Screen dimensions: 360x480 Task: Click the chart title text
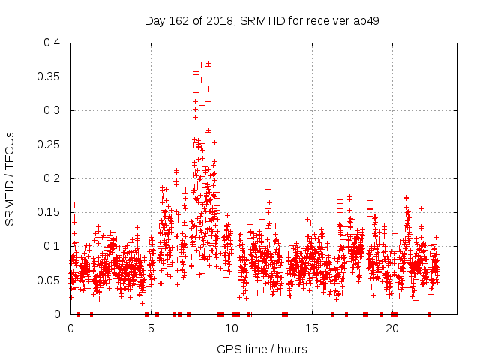(x=262, y=20)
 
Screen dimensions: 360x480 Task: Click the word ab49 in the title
(x=365, y=20)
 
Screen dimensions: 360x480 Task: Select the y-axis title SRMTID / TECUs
(x=10, y=178)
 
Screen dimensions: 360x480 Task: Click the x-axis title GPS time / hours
(x=262, y=349)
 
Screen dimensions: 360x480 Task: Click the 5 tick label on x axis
(x=151, y=328)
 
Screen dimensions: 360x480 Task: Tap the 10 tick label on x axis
(x=232, y=328)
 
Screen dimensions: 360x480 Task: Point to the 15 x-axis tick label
(x=312, y=328)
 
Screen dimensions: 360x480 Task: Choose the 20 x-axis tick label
(x=392, y=328)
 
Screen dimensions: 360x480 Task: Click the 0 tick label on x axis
(x=71, y=328)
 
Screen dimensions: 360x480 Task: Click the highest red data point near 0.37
(x=208, y=64)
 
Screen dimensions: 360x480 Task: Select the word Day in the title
(x=154, y=20)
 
